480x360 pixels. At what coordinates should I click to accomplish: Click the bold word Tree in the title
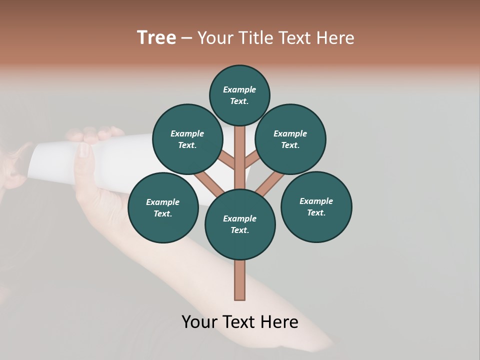coord(156,38)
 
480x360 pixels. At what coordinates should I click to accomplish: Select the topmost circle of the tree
coord(239,95)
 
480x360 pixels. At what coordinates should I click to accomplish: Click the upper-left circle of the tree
coord(187,139)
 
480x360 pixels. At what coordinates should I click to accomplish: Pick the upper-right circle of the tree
coord(290,139)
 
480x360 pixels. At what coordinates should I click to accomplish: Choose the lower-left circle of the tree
coord(163,207)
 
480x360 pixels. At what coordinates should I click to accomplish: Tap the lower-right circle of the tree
coord(316,206)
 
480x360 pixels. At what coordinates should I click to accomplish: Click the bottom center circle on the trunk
coord(240,224)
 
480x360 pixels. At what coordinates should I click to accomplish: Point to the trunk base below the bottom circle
coord(240,280)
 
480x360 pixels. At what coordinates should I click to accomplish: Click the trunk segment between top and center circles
coord(240,150)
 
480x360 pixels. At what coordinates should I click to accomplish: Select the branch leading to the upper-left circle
coord(227,161)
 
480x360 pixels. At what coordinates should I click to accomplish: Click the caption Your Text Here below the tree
coord(240,322)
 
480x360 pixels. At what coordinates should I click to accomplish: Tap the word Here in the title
coord(335,38)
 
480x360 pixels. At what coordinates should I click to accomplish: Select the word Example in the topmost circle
coord(239,89)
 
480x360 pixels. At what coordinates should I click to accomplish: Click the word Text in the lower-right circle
coord(316,212)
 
